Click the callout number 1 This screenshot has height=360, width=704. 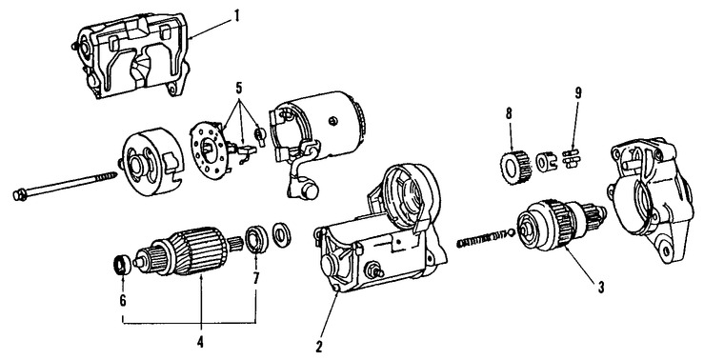point(236,16)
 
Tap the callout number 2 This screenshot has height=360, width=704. point(319,346)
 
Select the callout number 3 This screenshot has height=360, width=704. point(601,287)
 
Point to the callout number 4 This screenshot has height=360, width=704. point(200,343)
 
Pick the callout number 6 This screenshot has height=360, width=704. point(123,300)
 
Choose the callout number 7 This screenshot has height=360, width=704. point(256,278)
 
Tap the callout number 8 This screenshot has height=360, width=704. point(509,114)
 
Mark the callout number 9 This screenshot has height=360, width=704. point(578,93)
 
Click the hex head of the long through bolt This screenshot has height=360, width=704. point(20,195)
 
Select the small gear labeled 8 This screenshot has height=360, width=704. point(513,165)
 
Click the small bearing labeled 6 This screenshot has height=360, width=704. point(121,265)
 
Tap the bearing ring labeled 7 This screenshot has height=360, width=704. point(257,238)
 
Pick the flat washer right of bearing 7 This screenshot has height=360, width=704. point(282,234)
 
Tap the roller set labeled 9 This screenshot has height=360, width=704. point(571,159)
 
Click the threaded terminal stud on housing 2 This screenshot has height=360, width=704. point(374,271)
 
